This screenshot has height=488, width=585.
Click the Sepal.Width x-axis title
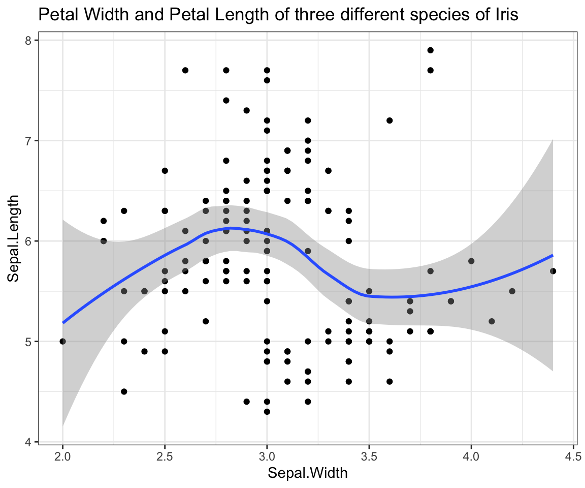click(x=308, y=473)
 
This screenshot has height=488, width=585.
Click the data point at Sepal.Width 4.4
click(x=553, y=271)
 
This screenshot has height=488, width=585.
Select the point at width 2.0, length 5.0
click(x=62, y=341)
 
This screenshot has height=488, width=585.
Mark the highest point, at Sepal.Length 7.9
click(x=430, y=50)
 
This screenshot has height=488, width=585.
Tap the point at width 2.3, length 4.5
click(x=124, y=391)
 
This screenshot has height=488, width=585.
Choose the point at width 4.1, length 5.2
click(x=492, y=321)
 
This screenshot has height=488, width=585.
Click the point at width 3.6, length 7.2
click(x=389, y=120)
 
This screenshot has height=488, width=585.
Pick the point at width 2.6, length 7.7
click(x=185, y=70)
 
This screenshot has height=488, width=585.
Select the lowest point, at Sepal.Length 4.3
click(x=267, y=411)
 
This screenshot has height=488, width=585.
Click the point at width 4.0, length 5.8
click(x=471, y=261)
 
